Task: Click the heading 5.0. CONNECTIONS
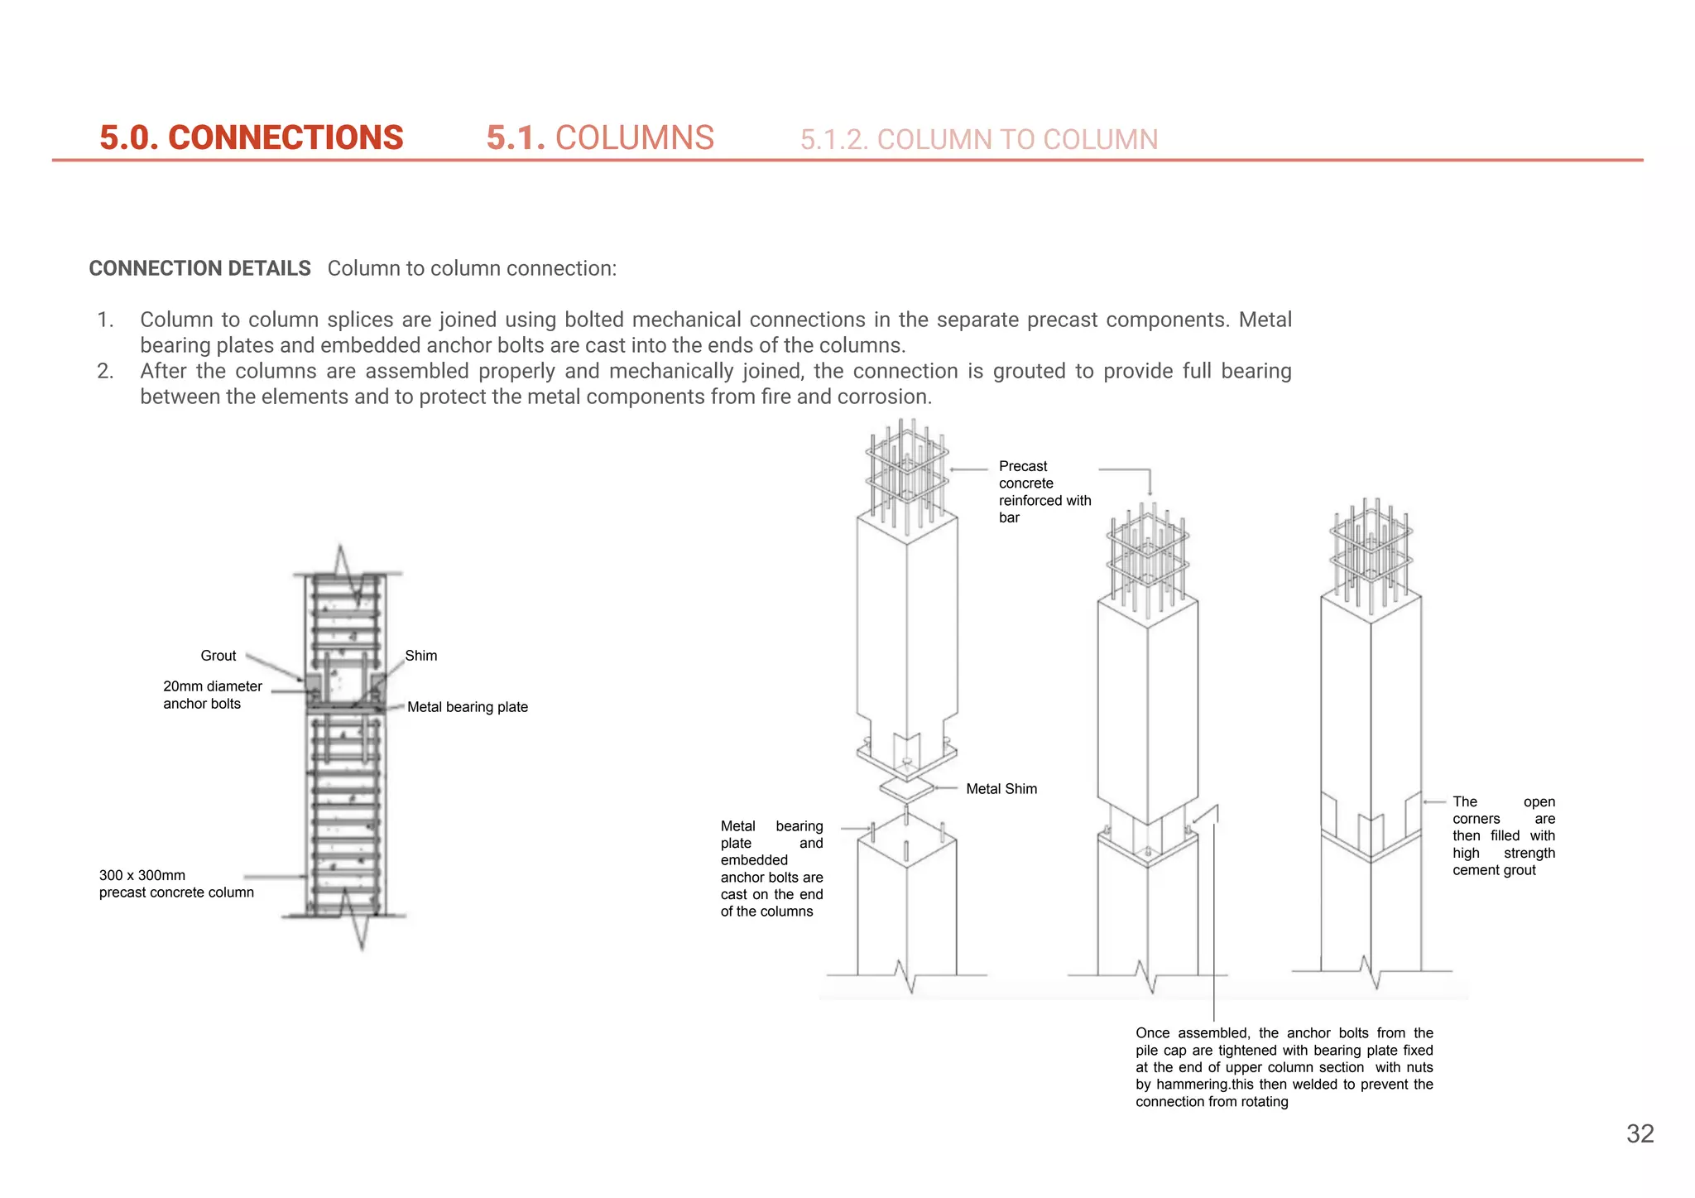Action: pyautogui.click(x=251, y=137)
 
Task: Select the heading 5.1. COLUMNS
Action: pyautogui.click(x=600, y=137)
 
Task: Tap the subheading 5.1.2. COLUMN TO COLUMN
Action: pyautogui.click(x=978, y=139)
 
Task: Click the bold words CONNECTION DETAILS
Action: pyautogui.click(x=199, y=268)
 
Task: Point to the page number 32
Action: pyautogui.click(x=1640, y=1133)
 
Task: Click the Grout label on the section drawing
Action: pyautogui.click(x=218, y=656)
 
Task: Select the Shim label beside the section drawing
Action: pyautogui.click(x=420, y=656)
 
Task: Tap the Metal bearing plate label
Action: pyautogui.click(x=467, y=707)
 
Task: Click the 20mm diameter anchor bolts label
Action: pyautogui.click(x=212, y=695)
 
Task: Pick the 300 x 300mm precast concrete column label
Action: pyautogui.click(x=176, y=883)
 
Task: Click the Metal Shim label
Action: pyautogui.click(x=1001, y=789)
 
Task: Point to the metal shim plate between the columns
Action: pyautogui.click(x=907, y=790)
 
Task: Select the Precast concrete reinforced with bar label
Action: pyautogui.click(x=1044, y=492)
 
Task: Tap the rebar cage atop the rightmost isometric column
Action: pyautogui.click(x=1371, y=548)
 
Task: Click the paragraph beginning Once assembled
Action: pyautogui.click(x=1284, y=1067)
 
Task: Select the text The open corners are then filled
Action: pyautogui.click(x=1503, y=835)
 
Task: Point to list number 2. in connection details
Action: pyautogui.click(x=105, y=371)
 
